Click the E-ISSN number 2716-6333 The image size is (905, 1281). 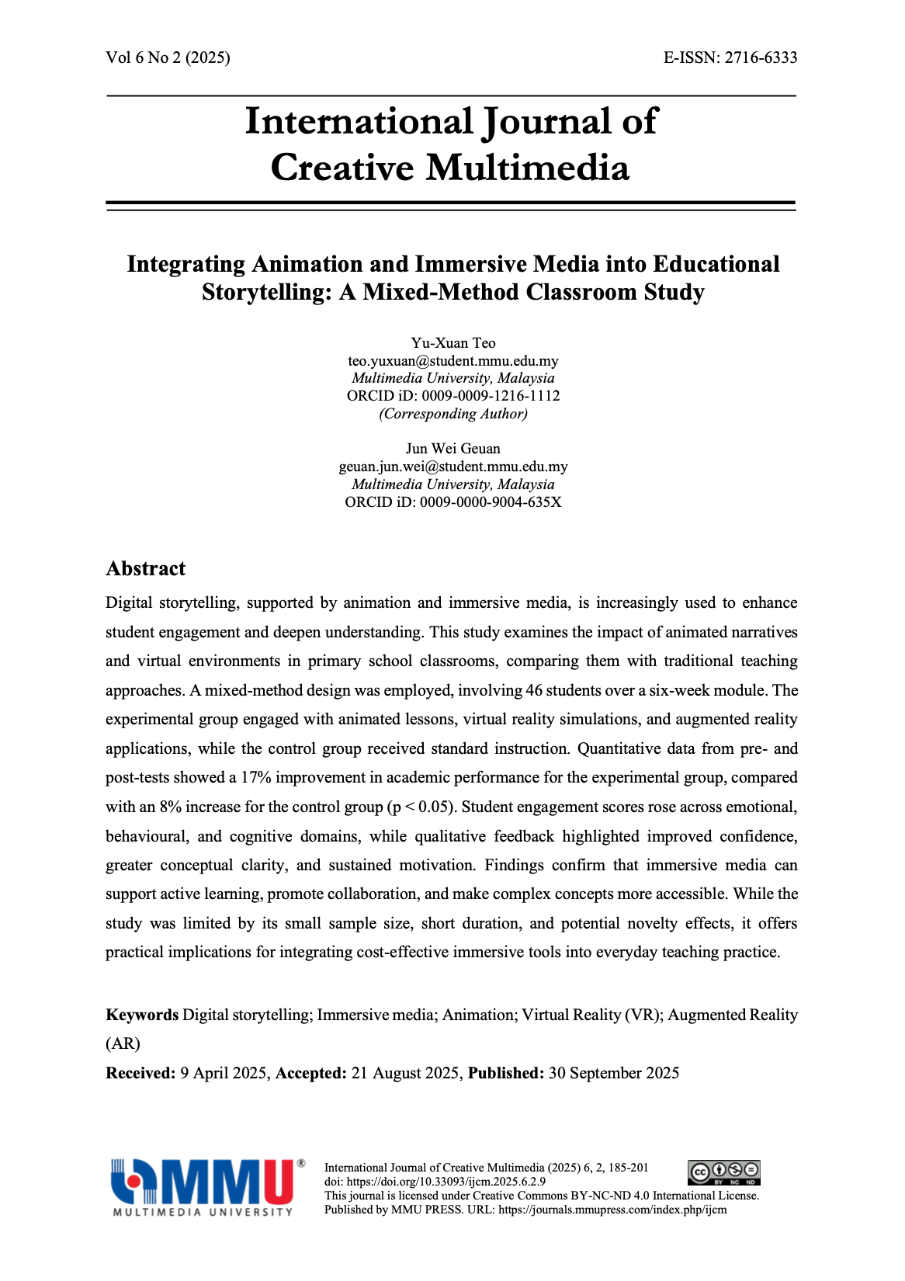[x=761, y=57]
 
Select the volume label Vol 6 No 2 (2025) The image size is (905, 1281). [x=168, y=57]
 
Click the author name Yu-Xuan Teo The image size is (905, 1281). [x=453, y=343]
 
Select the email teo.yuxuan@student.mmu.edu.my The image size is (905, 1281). [x=453, y=361]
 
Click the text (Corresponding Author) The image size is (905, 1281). [x=453, y=414]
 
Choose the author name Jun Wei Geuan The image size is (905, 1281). [x=453, y=449]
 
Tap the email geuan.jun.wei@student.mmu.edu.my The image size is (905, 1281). [x=453, y=467]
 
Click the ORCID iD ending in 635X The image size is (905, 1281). [x=491, y=502]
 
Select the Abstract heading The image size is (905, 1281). [x=146, y=569]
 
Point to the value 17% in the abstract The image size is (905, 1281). [x=255, y=778]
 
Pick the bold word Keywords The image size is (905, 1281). [x=142, y=1015]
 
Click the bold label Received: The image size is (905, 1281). [x=140, y=1074]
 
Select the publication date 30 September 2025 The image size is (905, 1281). [x=613, y=1074]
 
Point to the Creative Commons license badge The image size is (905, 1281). [x=724, y=1172]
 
